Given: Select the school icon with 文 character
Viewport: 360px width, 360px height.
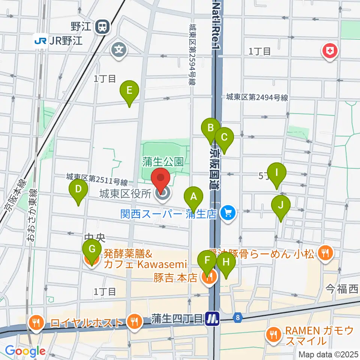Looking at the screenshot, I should pos(119,49).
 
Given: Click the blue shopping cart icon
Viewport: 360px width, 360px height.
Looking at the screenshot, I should pos(227,214).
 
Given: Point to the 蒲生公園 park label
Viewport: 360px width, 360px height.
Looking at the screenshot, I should pos(162,162).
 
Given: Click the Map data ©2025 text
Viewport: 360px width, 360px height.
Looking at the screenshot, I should pos(328,354).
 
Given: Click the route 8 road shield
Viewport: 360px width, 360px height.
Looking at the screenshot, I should pos(238,318).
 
